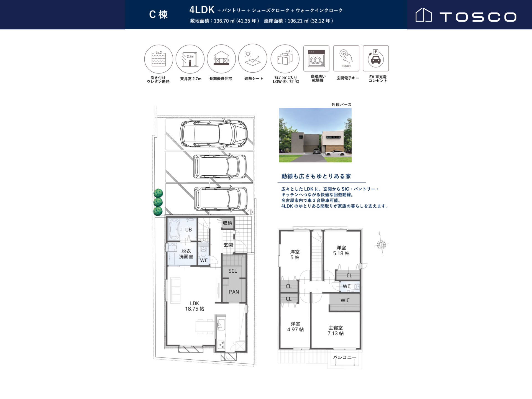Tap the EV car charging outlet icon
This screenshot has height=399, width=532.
click(376, 58)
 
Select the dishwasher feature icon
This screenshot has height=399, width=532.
click(316, 58)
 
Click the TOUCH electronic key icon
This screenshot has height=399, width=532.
click(346, 58)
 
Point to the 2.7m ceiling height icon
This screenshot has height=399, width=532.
click(190, 59)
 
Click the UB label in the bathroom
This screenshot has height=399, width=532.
click(188, 230)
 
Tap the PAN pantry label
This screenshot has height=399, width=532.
click(234, 292)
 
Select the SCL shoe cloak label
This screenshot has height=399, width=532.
click(233, 271)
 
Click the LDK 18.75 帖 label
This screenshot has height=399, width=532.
click(195, 306)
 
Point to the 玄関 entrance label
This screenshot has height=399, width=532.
click(228, 245)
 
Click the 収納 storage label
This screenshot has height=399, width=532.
click(227, 223)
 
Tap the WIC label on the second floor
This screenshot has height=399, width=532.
click(345, 300)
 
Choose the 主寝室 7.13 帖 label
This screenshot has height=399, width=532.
click(336, 331)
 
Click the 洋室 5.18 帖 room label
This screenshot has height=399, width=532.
click(341, 250)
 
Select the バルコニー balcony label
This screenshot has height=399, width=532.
click(344, 357)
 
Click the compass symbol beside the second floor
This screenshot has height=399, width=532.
click(381, 245)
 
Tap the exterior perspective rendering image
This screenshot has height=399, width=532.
click(315, 135)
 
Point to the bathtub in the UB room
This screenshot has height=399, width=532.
click(174, 229)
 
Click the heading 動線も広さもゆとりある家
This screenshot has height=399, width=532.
click(316, 176)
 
